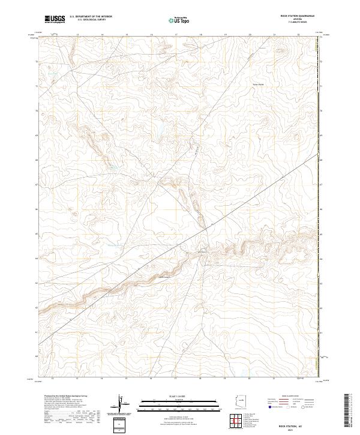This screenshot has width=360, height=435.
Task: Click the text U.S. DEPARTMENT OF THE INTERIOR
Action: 91,17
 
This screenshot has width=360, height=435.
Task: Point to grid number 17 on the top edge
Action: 175,35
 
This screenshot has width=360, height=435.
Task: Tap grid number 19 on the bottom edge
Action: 224,379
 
